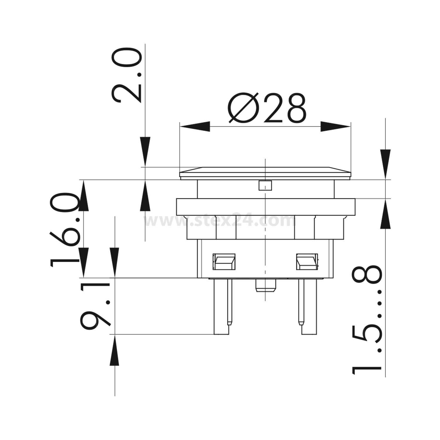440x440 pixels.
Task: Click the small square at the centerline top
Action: (x=265, y=186)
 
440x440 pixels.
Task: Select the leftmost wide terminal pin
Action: (x=221, y=307)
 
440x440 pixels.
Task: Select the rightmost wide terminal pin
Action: (x=309, y=307)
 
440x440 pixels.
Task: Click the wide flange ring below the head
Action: (x=265, y=207)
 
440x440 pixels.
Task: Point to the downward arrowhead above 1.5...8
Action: (x=385, y=163)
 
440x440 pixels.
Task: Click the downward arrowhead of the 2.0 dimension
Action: (x=145, y=150)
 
